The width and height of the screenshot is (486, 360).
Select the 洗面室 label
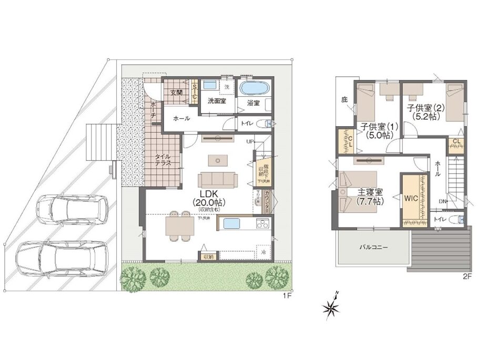coord(216,101)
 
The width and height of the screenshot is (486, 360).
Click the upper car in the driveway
coord(72,208)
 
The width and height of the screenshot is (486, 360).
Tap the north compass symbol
coord(332,307)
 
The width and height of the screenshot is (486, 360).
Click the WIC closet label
coord(411,199)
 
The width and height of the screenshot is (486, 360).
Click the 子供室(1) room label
coord(378,130)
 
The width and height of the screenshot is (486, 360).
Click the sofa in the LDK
coord(218,180)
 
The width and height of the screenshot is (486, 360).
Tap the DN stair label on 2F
coord(443,201)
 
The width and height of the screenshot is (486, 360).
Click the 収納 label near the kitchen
coord(207,257)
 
